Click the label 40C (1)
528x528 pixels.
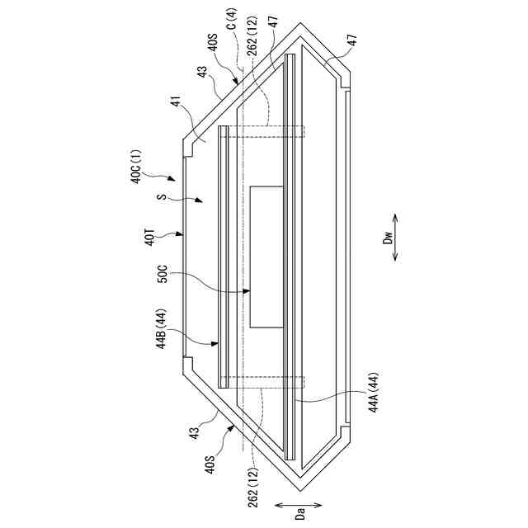point(138,167)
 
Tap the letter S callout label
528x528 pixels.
point(163,196)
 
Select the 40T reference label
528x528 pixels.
point(149,238)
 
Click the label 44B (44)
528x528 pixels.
point(162,328)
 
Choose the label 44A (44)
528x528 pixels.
point(374,392)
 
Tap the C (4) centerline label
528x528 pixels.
point(233,20)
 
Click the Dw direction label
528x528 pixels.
point(389,237)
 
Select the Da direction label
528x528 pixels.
point(301,514)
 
